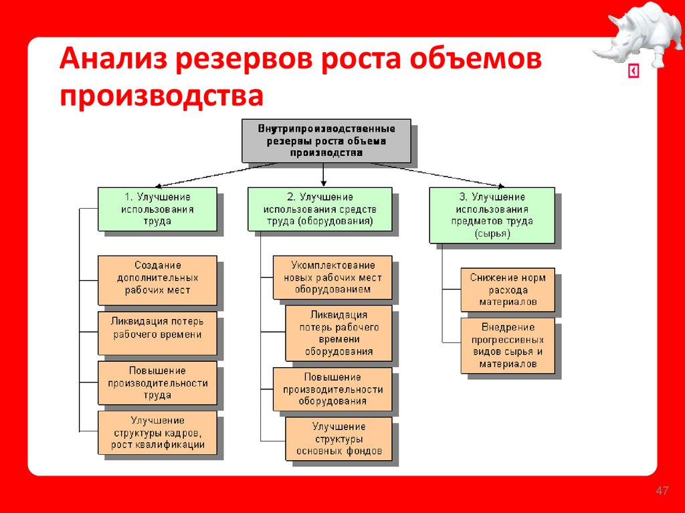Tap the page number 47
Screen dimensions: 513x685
point(662,492)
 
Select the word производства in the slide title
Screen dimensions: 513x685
point(161,95)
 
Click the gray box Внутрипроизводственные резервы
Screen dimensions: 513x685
point(326,140)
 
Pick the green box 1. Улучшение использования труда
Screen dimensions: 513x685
point(157,209)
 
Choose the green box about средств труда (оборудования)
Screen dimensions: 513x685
point(320,209)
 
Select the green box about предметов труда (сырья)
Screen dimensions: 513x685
point(492,215)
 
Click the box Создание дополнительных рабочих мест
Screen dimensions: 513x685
point(157,278)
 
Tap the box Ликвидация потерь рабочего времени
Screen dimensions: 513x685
point(157,331)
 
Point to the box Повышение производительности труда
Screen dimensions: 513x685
point(157,383)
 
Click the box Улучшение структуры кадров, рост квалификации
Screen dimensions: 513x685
point(157,433)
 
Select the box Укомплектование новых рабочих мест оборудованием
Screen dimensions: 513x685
point(332,277)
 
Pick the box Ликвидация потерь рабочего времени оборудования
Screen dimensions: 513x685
point(338,333)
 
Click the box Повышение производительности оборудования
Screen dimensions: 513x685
point(332,389)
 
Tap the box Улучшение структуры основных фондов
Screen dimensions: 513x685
point(338,439)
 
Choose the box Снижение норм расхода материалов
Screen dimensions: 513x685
point(507,290)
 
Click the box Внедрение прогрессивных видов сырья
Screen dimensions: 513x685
point(507,346)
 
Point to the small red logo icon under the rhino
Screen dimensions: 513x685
point(633,72)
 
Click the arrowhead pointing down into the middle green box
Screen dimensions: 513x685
point(324,183)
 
